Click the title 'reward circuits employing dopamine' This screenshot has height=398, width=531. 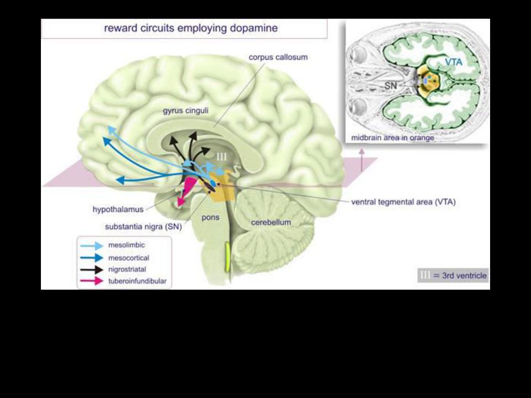click(191, 28)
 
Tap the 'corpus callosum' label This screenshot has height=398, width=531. click(278, 57)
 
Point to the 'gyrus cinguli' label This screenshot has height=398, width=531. click(185, 111)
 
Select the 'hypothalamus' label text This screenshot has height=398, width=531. click(118, 210)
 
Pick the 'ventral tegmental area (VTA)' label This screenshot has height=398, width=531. click(403, 202)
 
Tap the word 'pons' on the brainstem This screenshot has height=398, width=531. click(210, 217)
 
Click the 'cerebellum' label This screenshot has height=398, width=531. click(271, 222)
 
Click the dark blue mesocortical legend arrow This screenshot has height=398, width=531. click(91, 258)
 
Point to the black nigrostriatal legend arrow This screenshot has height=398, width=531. click(91, 270)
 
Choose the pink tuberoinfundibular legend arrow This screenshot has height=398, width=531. click(91, 281)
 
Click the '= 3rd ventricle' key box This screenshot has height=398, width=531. click(453, 275)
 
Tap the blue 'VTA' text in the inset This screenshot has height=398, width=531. click(454, 63)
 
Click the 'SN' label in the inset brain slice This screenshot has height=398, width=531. click(391, 85)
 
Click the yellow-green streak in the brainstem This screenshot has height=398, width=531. click(227, 257)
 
